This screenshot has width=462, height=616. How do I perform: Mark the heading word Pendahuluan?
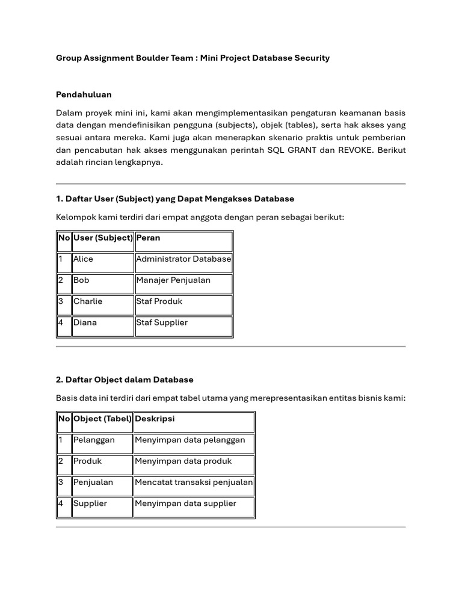(x=84, y=94)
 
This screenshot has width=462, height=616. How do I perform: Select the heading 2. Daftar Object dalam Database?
(x=125, y=380)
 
